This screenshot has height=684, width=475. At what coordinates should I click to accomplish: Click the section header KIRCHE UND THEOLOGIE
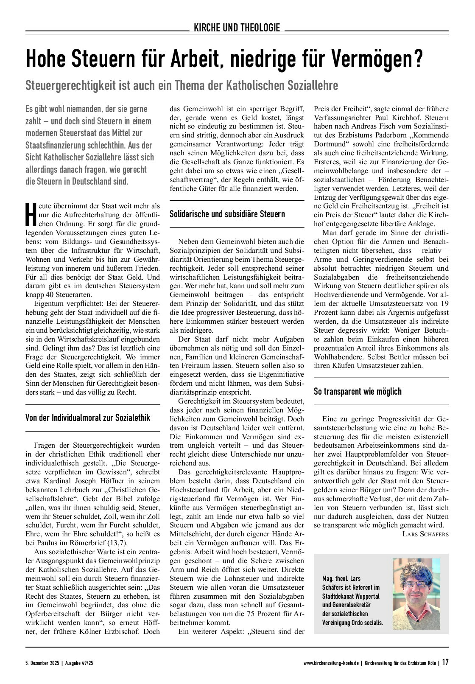tap(237, 28)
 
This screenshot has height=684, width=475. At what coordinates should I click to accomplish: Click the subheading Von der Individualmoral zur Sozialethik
tap(88, 418)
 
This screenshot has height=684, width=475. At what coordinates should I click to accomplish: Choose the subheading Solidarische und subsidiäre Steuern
tap(227, 214)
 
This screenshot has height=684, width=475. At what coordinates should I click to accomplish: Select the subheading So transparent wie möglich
tap(358, 391)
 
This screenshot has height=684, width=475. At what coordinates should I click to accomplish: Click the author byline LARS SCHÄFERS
tap(425, 534)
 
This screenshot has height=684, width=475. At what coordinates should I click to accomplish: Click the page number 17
tap(445, 662)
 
